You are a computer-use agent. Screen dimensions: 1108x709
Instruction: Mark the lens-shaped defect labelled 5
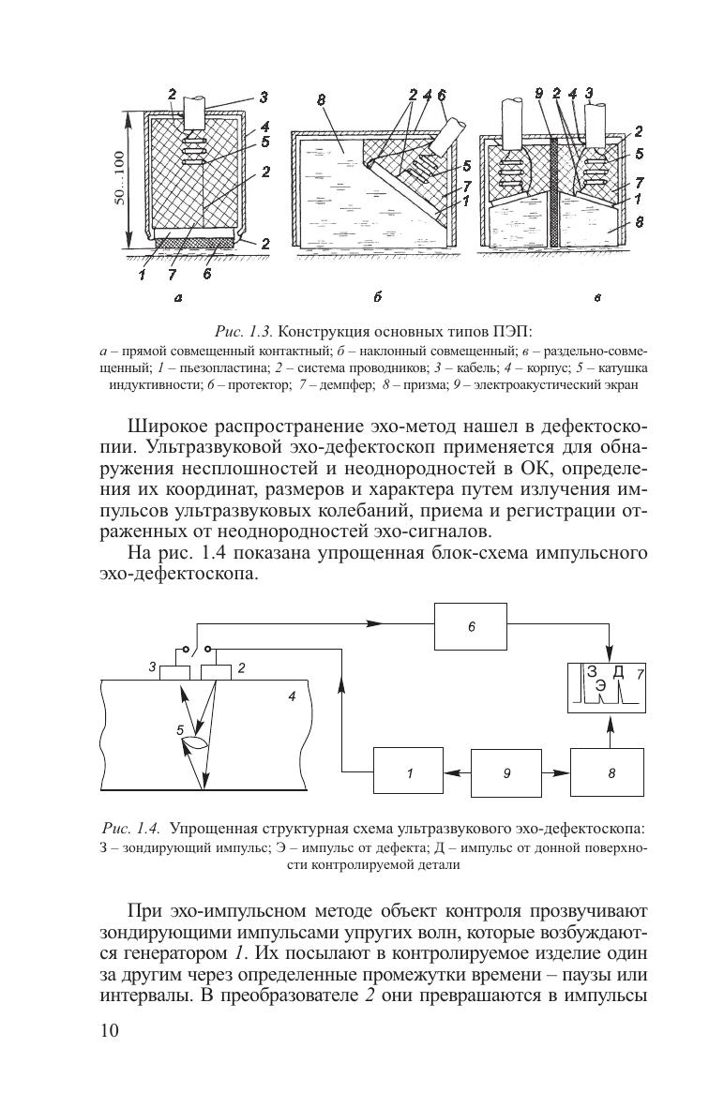[x=195, y=744]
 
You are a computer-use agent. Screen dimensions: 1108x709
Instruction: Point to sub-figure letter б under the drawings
[x=375, y=298]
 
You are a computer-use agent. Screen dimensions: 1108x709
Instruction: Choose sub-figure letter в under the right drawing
[x=596, y=298]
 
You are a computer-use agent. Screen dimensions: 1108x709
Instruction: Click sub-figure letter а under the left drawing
[x=177, y=298]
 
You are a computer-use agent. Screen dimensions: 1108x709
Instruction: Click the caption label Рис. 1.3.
[x=243, y=332]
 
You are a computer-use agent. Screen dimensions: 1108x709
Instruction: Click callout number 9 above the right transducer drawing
[x=538, y=94]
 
